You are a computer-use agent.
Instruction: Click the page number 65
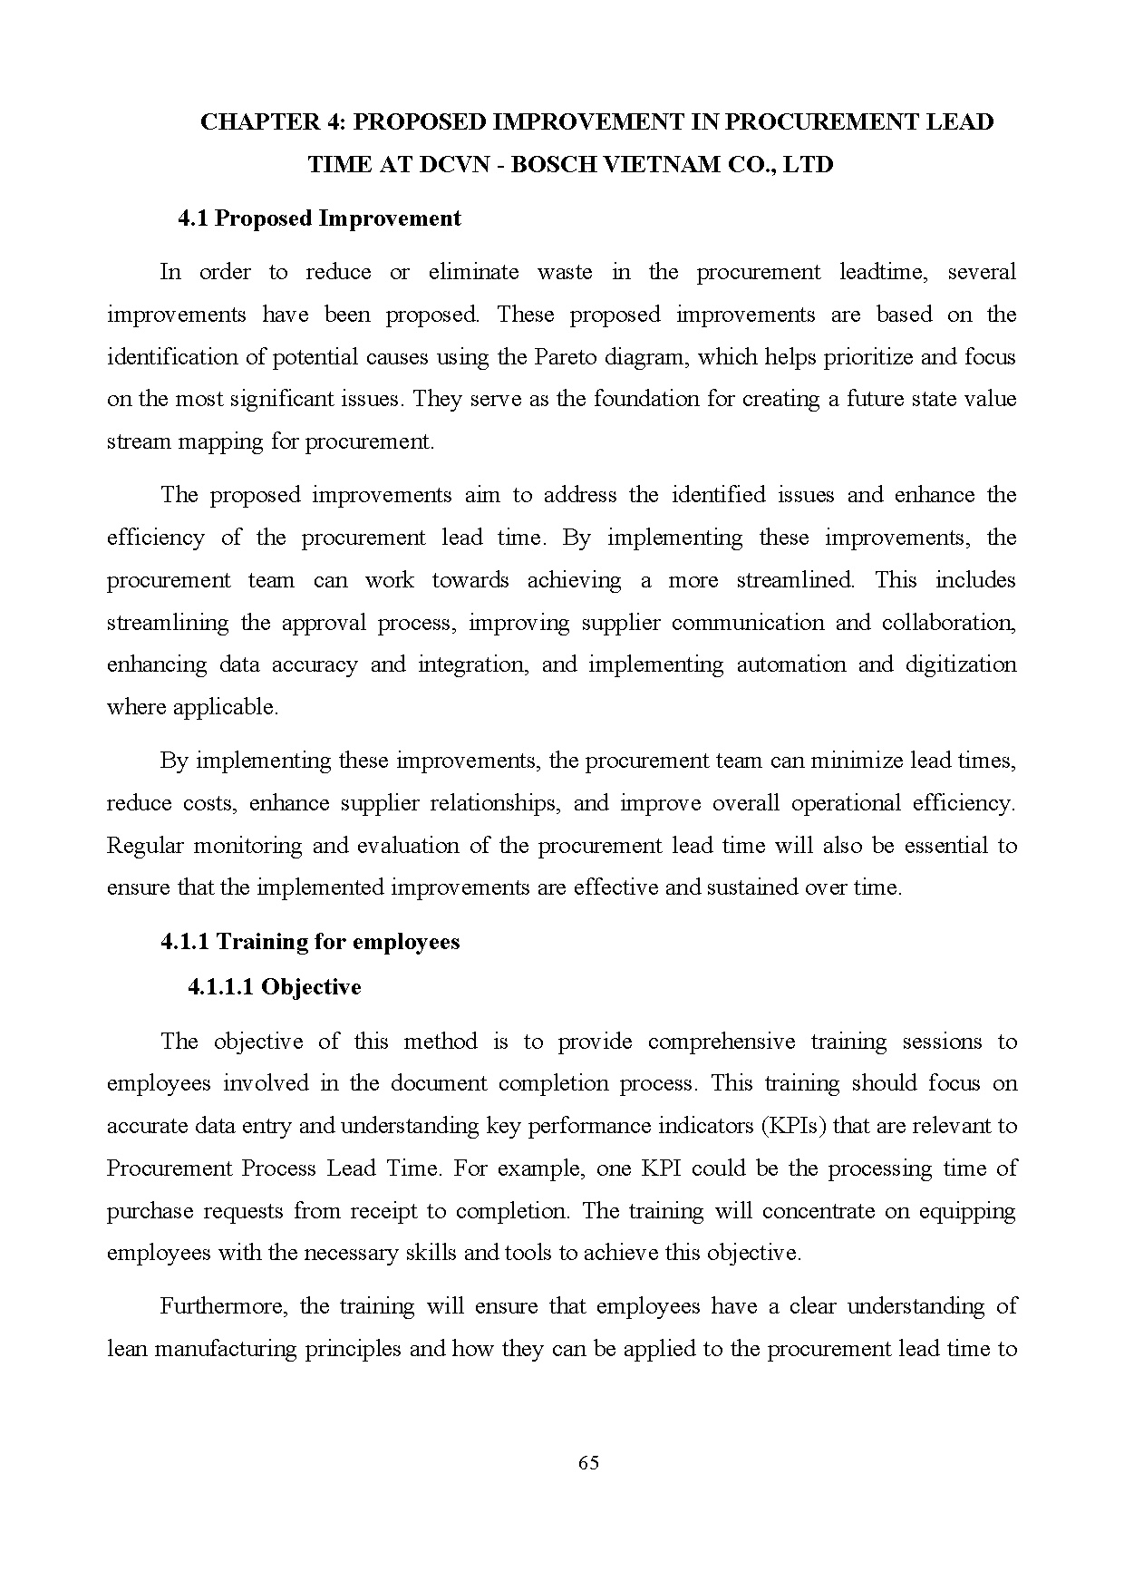tap(587, 1463)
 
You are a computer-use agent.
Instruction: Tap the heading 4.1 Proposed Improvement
tap(319, 218)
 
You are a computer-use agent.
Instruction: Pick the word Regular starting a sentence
tap(145, 846)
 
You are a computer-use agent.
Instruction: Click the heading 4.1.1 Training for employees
tap(310, 942)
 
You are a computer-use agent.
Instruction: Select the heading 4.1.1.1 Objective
tap(274, 987)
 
